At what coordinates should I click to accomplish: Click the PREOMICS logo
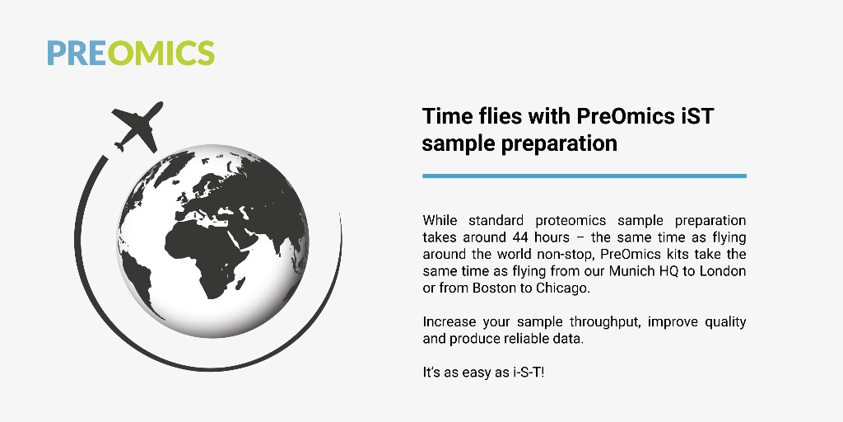[131, 52]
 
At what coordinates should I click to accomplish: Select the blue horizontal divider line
[584, 176]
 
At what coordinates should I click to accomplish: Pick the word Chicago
[564, 287]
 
